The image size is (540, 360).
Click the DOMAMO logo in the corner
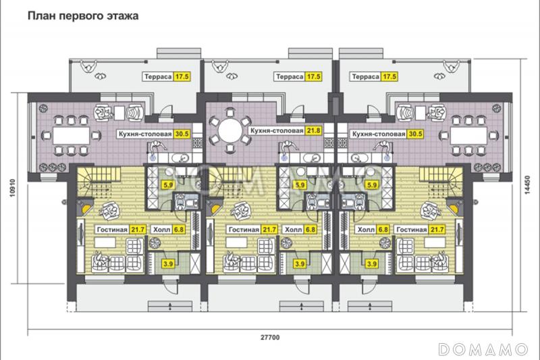484,349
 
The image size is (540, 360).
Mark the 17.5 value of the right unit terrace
389,77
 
